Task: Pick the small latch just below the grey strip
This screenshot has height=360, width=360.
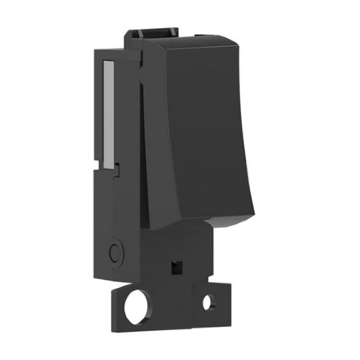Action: (117, 170)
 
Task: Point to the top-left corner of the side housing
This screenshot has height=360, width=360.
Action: (95, 51)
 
